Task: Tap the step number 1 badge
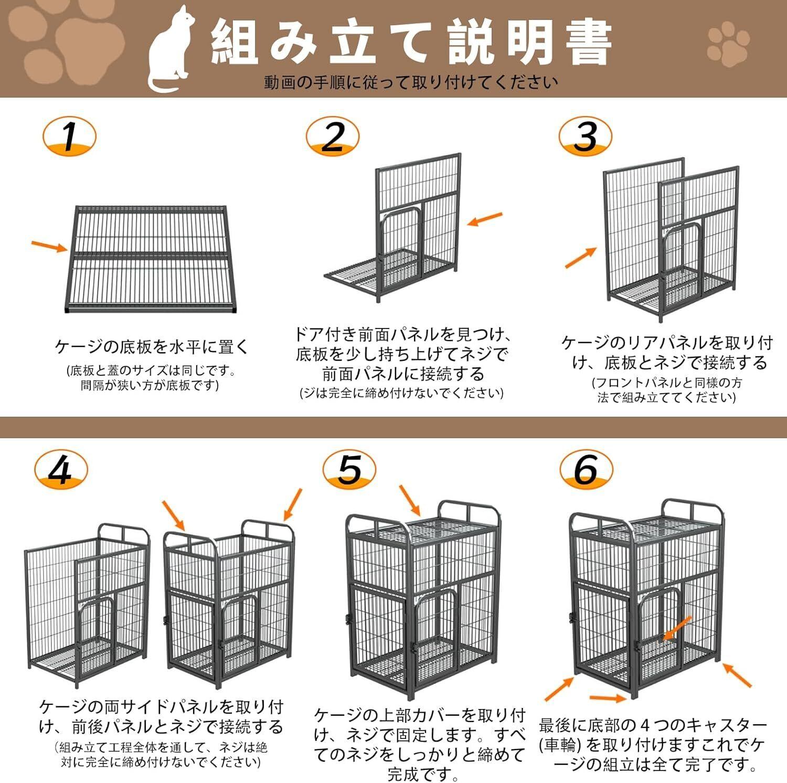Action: click(69, 136)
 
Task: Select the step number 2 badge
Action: click(333, 136)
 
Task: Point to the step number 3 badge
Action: click(585, 136)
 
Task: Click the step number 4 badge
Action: click(61, 469)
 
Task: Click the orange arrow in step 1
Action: click(50, 246)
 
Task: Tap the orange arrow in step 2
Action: click(485, 219)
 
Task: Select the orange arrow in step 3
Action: click(580, 258)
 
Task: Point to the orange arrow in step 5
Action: click(410, 500)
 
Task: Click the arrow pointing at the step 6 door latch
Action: click(677, 628)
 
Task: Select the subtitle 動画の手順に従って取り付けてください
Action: click(411, 82)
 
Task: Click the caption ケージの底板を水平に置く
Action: click(152, 347)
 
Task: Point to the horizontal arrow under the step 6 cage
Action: click(608, 698)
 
